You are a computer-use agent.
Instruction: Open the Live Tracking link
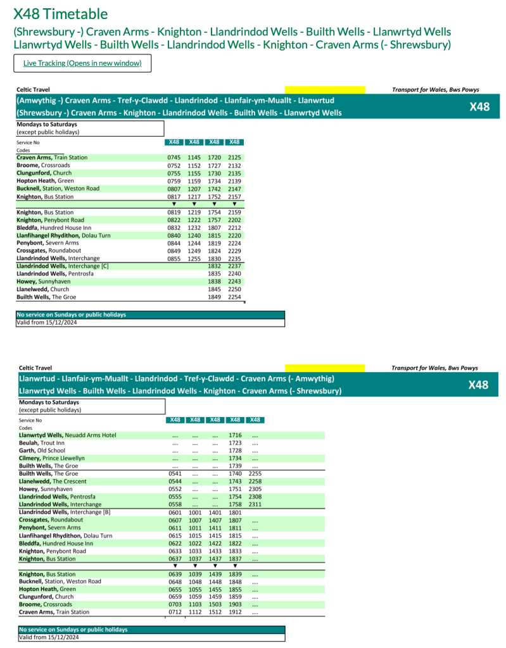(x=82, y=63)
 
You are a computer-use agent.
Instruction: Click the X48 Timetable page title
(x=60, y=14)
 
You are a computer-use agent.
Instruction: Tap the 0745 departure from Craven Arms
(x=174, y=158)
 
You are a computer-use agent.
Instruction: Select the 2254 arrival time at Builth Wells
(x=234, y=297)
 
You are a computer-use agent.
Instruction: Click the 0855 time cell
(x=174, y=258)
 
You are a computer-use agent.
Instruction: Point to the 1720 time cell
(x=214, y=158)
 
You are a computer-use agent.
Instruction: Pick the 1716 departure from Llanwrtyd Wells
(x=235, y=435)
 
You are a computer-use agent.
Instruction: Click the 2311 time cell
(x=255, y=504)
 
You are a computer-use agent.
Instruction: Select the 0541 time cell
(x=175, y=473)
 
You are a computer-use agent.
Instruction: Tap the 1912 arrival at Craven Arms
(x=235, y=612)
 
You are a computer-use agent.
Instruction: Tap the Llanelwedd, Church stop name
(x=42, y=289)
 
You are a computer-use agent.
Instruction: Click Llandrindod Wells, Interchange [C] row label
(x=63, y=266)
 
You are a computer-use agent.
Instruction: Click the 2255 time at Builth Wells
(x=255, y=473)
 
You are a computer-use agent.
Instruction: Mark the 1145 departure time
(x=194, y=158)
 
